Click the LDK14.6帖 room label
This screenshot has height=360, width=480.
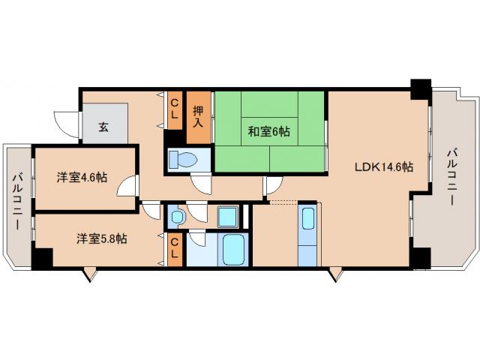[x=383, y=167]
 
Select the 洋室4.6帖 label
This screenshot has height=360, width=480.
[x=82, y=178]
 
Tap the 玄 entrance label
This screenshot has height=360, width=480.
[x=103, y=126]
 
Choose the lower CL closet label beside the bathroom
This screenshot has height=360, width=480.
[x=174, y=247]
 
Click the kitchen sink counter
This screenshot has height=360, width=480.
[x=307, y=233]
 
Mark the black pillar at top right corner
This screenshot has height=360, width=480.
[x=419, y=88]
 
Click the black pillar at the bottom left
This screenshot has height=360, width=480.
[x=42, y=257]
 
